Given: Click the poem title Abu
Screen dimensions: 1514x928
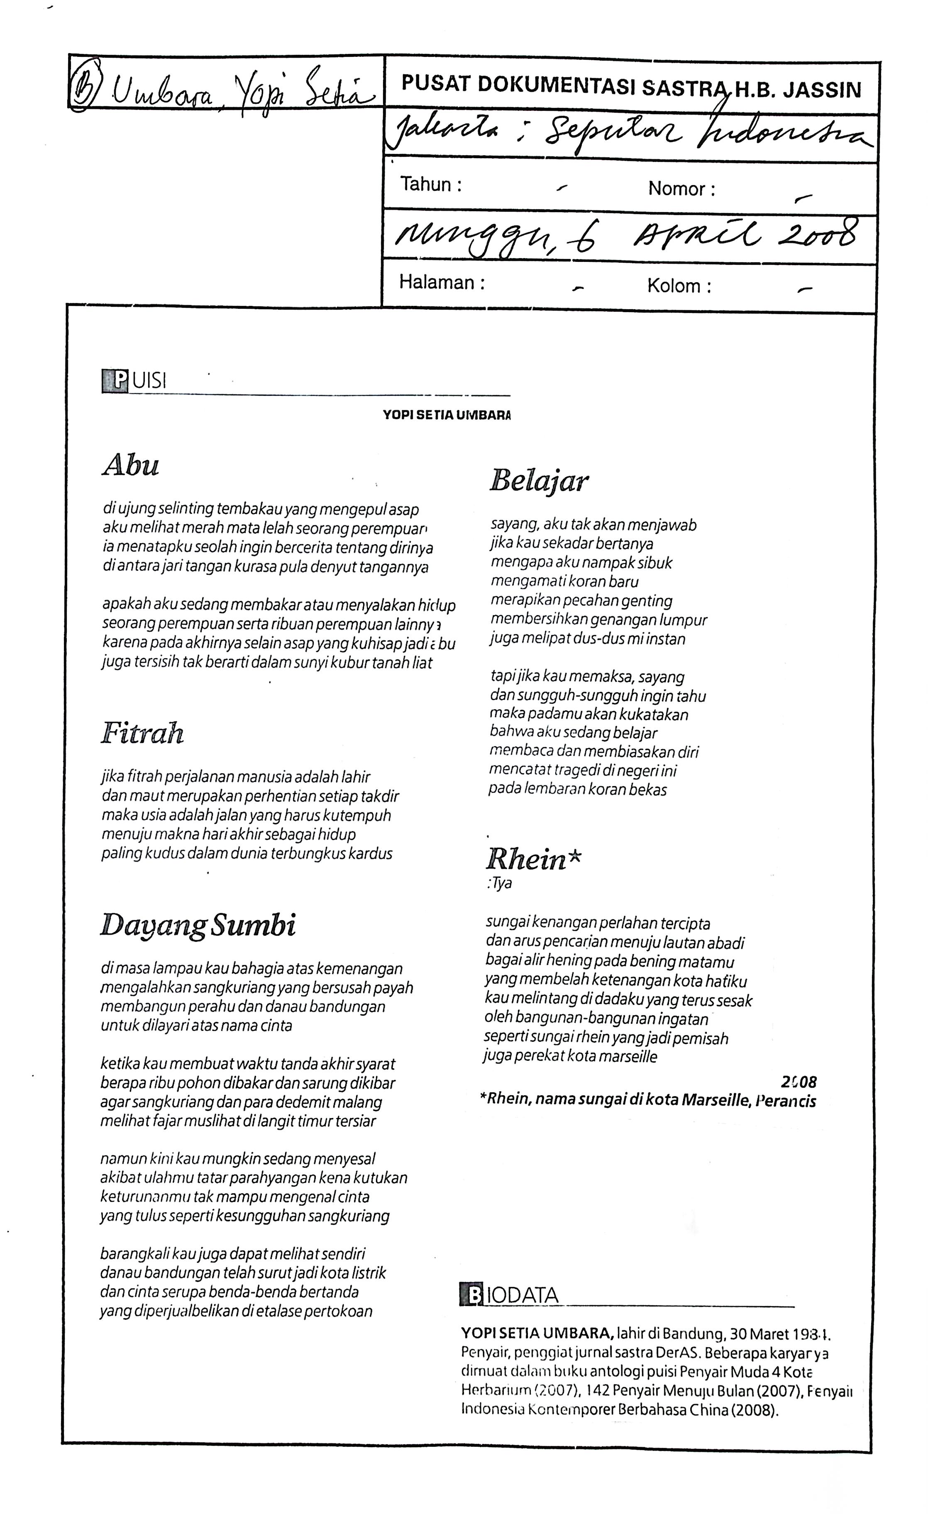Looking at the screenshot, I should (x=131, y=465).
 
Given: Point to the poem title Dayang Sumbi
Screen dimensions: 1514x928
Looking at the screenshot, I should (x=198, y=925).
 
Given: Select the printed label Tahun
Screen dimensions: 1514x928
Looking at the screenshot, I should (x=430, y=184).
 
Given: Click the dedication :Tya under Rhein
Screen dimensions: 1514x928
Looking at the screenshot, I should (x=499, y=883).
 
